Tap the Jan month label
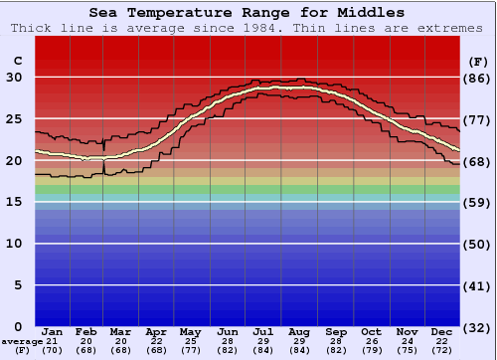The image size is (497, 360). pyautogui.click(x=53, y=331)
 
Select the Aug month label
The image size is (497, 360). pyautogui.click(x=299, y=331)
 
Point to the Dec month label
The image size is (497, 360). pyautogui.click(x=442, y=331)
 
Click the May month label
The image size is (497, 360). pyautogui.click(x=189, y=331)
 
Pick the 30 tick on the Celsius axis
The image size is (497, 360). pyautogui.click(x=15, y=78)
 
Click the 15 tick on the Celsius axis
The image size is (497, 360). pyautogui.click(x=15, y=202)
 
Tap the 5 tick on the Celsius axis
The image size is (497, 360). pyautogui.click(x=17, y=285)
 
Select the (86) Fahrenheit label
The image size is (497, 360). pyautogui.click(x=478, y=78)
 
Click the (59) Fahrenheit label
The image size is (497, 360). pyautogui.click(x=478, y=202)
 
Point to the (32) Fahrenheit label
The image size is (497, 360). pyautogui.click(x=478, y=327)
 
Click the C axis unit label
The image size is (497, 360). pyautogui.click(x=17, y=62)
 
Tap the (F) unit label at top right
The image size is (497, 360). pyautogui.click(x=477, y=62)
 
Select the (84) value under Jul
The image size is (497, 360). pyautogui.click(x=263, y=350)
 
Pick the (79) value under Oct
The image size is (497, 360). pyautogui.click(x=371, y=350)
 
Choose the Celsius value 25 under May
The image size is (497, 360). pyautogui.click(x=189, y=341)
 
